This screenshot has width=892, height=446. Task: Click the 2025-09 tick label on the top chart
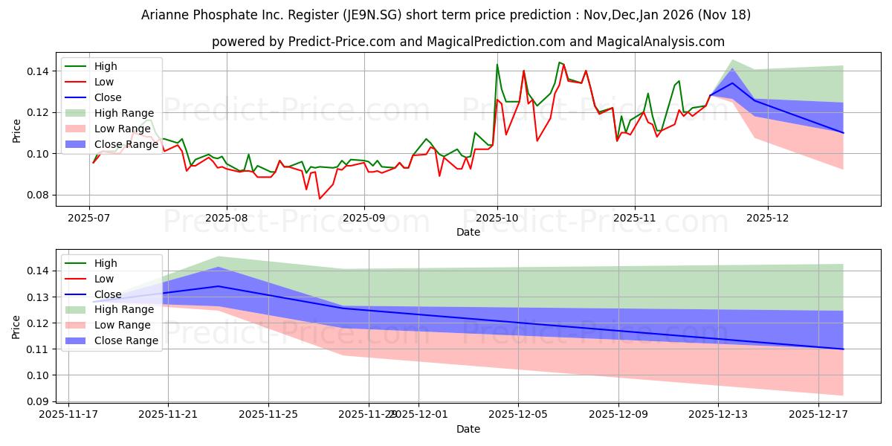(x=363, y=219)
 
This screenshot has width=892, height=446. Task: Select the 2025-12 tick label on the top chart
(x=768, y=219)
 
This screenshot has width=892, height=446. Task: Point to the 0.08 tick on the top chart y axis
(x=39, y=195)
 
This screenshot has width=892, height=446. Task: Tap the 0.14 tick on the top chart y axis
(x=39, y=71)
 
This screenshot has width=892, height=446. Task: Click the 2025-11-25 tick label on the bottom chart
(x=268, y=415)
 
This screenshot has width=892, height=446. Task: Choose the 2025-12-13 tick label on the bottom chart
(x=718, y=415)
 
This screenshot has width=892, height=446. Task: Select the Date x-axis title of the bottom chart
(x=468, y=429)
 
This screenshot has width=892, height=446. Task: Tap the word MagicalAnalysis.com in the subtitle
(x=664, y=42)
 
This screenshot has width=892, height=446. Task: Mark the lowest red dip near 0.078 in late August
(x=320, y=198)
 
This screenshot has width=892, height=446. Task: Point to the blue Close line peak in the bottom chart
(x=219, y=286)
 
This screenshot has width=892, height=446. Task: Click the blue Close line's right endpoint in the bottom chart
(x=843, y=349)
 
